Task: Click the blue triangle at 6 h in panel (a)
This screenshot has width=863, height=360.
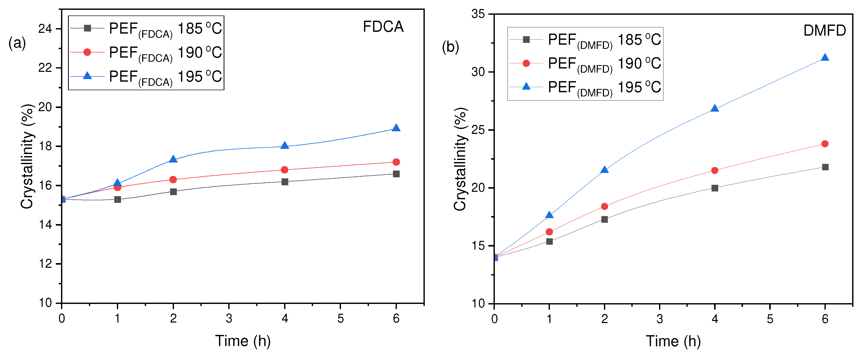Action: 396,128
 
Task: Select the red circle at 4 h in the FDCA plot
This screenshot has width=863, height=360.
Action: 284,170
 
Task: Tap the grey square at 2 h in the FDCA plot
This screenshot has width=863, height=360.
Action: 173,192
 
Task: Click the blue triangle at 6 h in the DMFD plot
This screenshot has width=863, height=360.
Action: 825,58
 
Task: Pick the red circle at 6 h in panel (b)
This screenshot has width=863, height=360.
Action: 825,144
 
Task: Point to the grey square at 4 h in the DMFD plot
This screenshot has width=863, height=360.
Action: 715,188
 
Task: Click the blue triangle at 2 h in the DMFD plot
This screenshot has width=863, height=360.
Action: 604,170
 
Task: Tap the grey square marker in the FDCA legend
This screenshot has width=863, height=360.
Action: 87,28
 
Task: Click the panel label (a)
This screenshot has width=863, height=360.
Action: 17,43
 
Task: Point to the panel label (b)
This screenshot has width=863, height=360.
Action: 450,47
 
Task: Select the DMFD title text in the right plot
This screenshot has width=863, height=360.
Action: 824,30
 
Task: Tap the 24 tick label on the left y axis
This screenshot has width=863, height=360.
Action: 45,29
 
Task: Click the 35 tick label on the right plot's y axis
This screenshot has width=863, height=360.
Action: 478,14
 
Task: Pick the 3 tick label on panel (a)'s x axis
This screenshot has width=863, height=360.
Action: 229,318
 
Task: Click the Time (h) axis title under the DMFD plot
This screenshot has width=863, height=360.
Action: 673,341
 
